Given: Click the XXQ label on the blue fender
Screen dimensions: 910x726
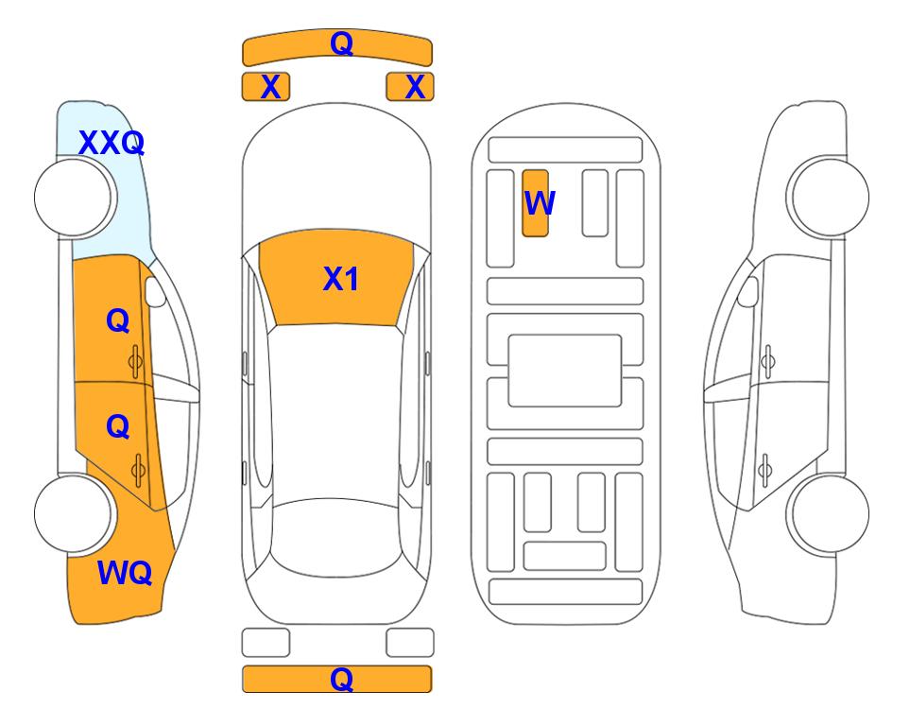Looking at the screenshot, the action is (x=112, y=143).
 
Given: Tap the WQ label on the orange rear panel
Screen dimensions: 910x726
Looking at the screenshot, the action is (x=125, y=573).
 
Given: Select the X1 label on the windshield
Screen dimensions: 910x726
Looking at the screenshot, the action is (x=341, y=279).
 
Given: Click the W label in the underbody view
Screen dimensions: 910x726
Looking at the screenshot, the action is (x=540, y=202).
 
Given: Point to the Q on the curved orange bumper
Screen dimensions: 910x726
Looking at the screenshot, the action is (x=341, y=43).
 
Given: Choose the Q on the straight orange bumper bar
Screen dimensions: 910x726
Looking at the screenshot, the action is (x=341, y=679).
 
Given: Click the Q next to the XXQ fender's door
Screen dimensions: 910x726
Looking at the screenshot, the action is (x=118, y=320).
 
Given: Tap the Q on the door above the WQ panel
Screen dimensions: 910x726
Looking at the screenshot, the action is (x=118, y=427).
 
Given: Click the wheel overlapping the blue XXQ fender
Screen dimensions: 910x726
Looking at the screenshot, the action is (x=73, y=198).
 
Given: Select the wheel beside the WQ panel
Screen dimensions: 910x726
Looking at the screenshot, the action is (x=73, y=513).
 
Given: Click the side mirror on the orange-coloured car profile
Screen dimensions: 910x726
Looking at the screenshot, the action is (x=155, y=291).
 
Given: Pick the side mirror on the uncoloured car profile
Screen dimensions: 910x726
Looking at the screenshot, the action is (x=748, y=291).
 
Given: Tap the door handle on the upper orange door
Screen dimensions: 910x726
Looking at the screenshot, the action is (x=136, y=362).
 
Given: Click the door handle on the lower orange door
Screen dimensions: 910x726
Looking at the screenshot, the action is (x=138, y=471).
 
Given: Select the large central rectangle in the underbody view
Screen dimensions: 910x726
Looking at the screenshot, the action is (x=565, y=371).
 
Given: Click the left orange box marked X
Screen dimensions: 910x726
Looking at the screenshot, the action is (x=266, y=87).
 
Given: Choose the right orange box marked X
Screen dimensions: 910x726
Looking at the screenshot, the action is (x=410, y=87).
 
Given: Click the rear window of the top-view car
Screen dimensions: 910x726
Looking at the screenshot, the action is (x=336, y=537).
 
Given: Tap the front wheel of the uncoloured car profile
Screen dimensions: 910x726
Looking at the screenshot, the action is (x=830, y=198).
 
